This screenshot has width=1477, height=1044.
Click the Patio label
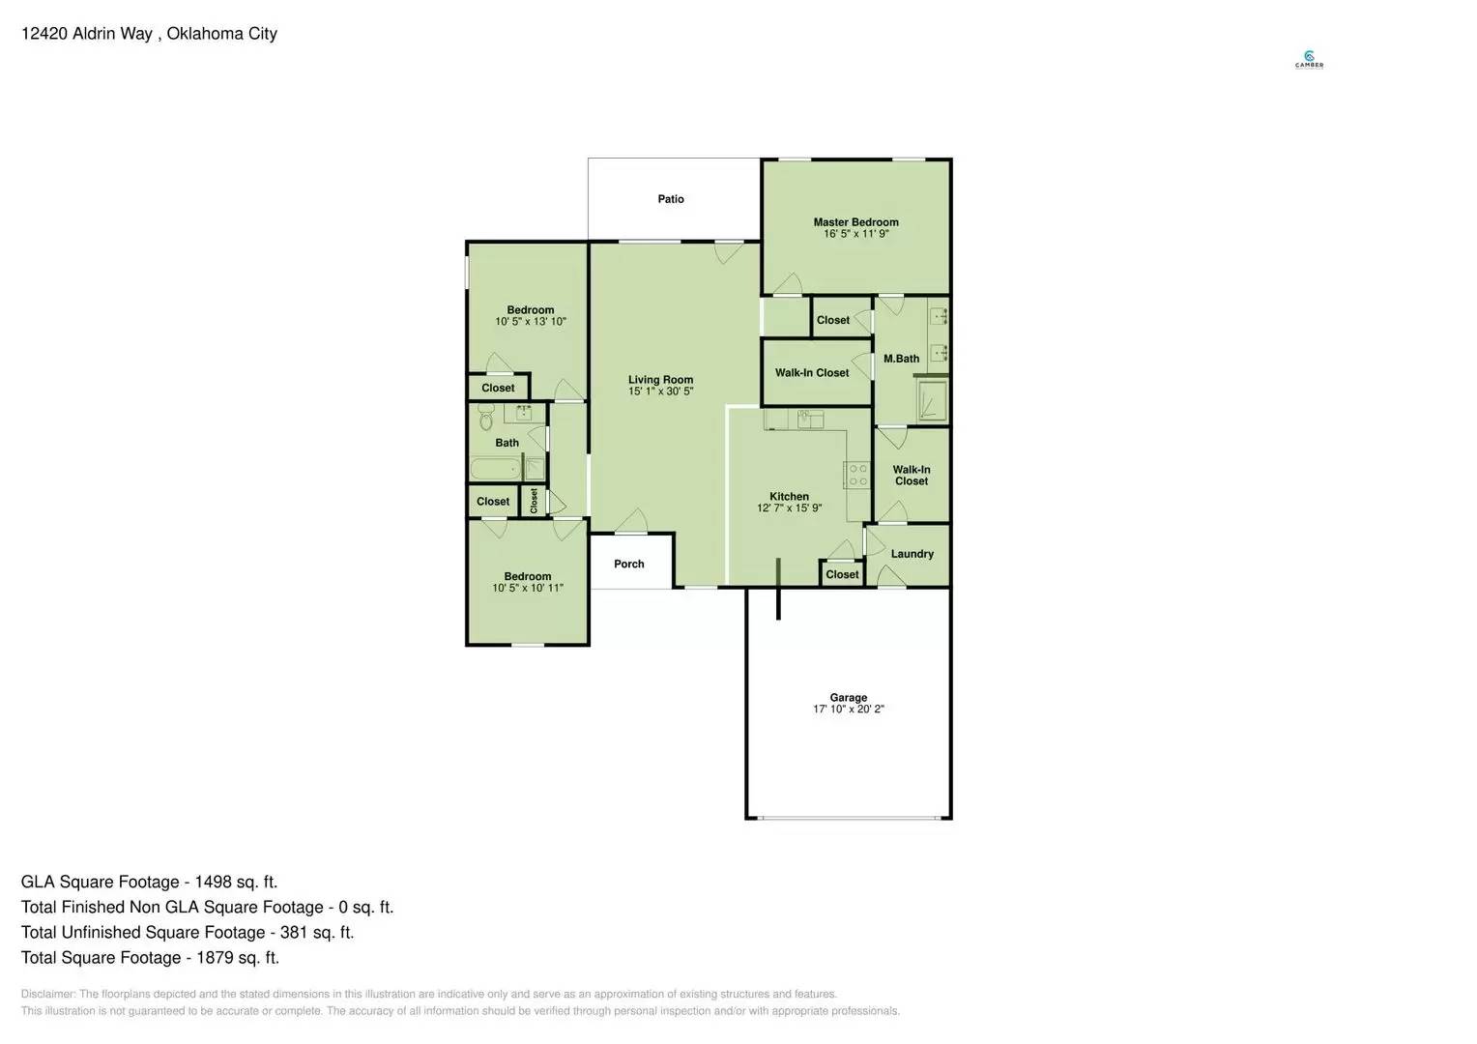(670, 199)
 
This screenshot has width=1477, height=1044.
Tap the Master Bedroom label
(855, 222)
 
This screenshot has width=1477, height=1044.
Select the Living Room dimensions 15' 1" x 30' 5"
(660, 391)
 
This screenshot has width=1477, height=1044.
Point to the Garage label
(848, 697)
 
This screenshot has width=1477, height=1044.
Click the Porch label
(628, 564)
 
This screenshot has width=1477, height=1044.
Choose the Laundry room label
(912, 554)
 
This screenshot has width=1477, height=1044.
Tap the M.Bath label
(901, 359)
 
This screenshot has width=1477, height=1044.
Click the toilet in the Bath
(486, 420)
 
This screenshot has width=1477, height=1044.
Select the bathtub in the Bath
(495, 470)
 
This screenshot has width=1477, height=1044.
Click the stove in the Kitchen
(856, 475)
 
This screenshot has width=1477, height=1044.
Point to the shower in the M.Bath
(932, 400)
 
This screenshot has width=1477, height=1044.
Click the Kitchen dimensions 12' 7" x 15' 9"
(789, 508)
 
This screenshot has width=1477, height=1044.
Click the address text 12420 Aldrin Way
(86, 34)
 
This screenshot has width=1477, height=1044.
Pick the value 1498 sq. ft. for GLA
(236, 882)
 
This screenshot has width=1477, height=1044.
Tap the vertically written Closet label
(534, 501)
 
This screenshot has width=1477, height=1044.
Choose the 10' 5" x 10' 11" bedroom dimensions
(528, 588)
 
